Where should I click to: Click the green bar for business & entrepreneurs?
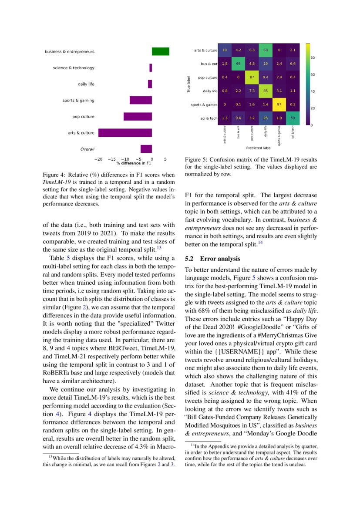click(160, 51)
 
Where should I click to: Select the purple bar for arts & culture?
click(125, 133)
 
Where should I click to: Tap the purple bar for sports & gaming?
click(141, 101)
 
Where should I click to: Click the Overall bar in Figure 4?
click(146, 149)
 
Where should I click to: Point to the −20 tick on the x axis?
click(99, 159)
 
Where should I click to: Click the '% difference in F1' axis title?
click(134, 163)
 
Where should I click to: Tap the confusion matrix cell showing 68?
click(265, 50)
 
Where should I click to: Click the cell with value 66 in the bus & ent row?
click(238, 64)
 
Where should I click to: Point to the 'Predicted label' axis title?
click(259, 148)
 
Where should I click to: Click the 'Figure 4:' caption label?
click(55, 175)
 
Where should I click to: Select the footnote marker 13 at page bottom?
click(50, 457)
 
